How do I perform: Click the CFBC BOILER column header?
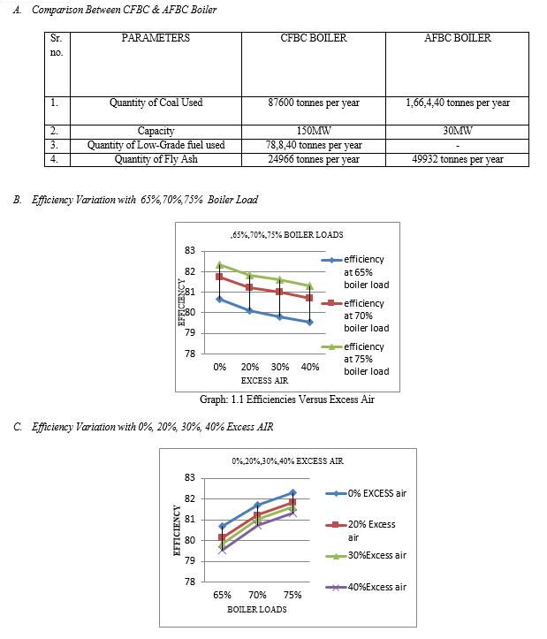314,38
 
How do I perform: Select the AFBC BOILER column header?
458,38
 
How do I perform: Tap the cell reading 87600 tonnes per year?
314,103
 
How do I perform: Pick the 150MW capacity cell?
314,131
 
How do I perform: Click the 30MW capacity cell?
458,131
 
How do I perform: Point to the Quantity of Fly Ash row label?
156,159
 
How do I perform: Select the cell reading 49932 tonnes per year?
458,159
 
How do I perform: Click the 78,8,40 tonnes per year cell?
314,145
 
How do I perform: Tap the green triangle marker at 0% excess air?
220,264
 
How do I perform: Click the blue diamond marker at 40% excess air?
310,322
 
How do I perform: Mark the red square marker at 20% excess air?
250,287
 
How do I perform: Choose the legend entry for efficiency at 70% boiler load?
355,316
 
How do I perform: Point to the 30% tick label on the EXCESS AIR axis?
280,367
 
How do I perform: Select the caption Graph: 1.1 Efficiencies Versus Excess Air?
287,399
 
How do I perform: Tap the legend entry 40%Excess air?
366,587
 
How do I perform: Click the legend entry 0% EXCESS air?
366,493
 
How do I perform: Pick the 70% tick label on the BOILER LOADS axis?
257,595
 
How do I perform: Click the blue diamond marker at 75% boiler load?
292,492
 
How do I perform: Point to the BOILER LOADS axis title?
257,610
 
